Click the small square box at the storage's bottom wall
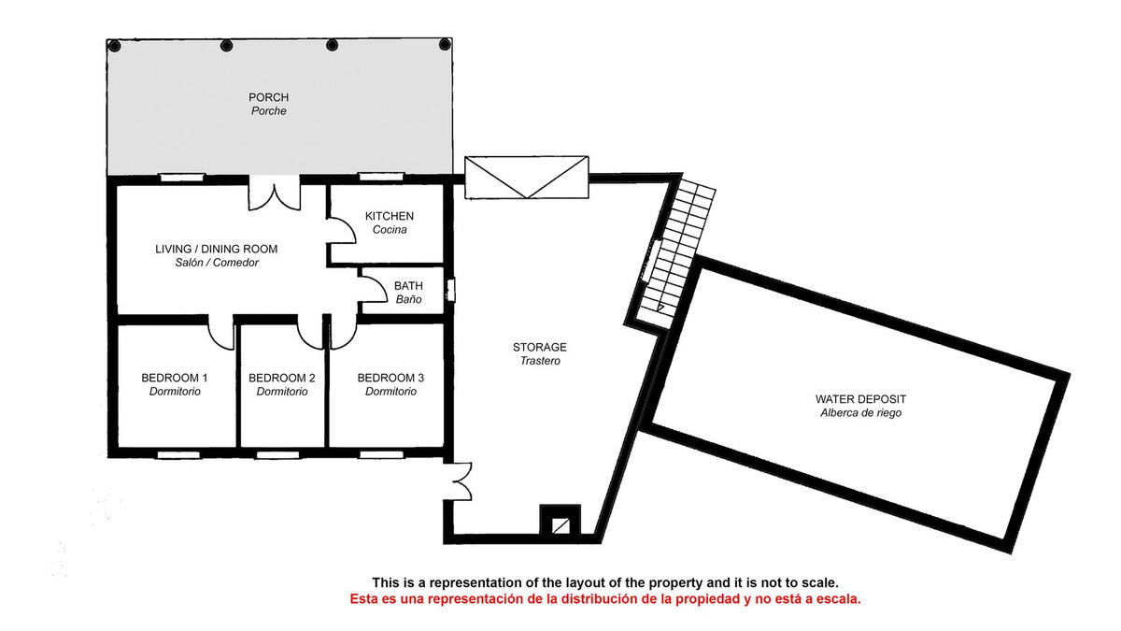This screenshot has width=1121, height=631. pos(560,524)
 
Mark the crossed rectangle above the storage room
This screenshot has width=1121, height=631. pos(528,178)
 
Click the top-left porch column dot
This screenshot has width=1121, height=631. pos(114,46)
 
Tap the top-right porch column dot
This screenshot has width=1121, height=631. pos(445,46)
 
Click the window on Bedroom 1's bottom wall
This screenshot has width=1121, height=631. pos(177,454)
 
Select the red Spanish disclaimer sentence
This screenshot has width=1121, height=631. pos(605,598)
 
